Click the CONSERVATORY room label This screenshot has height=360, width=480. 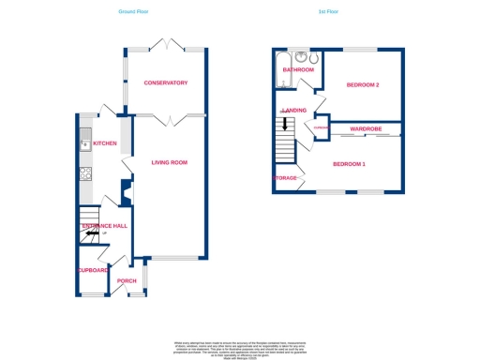[166, 83]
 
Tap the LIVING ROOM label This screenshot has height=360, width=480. [170, 162]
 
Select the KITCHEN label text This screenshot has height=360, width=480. [105, 143]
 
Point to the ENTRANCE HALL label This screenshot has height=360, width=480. [103, 226]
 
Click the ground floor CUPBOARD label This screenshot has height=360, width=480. [93, 270]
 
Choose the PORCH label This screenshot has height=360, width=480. [127, 280]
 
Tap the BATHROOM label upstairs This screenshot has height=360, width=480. [298, 69]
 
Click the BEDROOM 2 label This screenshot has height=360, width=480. [363, 85]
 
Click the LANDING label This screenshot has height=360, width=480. [294, 110]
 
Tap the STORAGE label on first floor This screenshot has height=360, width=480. [286, 177]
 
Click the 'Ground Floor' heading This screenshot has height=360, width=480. [133, 12]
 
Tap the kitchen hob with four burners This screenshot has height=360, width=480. [83, 172]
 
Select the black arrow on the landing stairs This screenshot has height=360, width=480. [285, 124]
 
